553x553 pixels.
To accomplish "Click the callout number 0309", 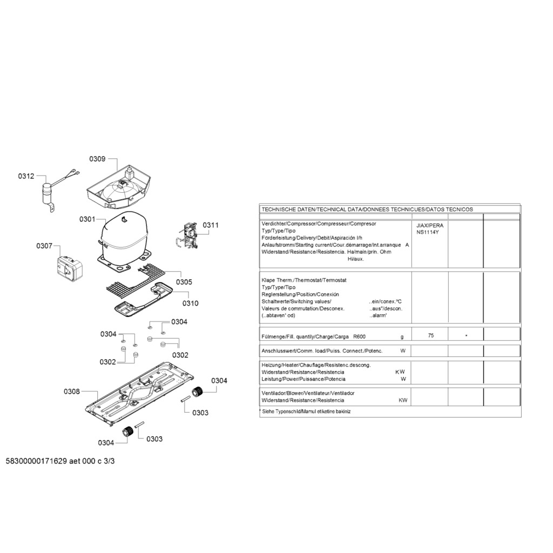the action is tap(97, 159).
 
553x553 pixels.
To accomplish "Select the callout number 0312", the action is tap(26, 176).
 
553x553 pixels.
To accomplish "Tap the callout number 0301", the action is tap(87, 219).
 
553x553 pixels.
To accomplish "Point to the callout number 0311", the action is tap(210, 225).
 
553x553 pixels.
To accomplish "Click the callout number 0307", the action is tap(44, 246).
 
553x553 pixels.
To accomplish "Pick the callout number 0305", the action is tap(184, 282).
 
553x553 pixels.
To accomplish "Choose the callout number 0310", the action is tap(191, 303).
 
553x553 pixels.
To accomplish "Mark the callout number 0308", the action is tap(72, 392).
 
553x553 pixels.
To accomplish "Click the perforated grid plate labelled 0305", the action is tap(136, 280).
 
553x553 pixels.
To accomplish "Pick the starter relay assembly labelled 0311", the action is tap(187, 237).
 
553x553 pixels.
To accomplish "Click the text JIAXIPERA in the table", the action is tap(430, 225).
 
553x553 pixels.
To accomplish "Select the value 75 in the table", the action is tap(431, 335).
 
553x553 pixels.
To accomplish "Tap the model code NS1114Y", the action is tap(428, 232).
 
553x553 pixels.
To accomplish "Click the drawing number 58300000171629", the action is tap(36, 461).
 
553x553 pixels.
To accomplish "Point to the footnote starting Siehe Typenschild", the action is tap(306, 411).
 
